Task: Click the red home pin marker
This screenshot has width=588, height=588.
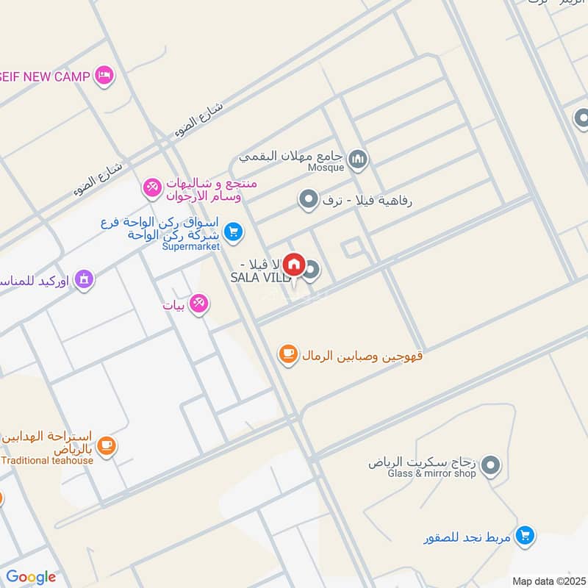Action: (x=294, y=264)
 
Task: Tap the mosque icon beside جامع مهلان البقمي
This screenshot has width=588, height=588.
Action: (x=358, y=158)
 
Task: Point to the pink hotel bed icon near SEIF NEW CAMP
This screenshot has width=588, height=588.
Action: (x=105, y=76)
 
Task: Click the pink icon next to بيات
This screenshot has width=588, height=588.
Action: (x=198, y=303)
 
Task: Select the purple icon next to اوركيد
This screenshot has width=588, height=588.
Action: (x=84, y=279)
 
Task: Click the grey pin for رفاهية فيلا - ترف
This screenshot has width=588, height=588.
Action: (x=308, y=198)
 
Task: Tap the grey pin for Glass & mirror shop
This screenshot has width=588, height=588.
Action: (x=491, y=465)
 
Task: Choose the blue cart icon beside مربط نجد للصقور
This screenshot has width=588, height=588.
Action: (x=525, y=536)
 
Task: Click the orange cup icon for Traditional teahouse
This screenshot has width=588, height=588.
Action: (x=107, y=445)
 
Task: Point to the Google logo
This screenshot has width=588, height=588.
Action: (x=31, y=577)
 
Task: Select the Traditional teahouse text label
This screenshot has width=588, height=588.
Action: (x=48, y=461)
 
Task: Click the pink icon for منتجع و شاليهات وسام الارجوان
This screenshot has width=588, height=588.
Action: (x=152, y=188)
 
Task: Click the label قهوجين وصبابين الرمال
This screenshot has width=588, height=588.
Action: (x=359, y=356)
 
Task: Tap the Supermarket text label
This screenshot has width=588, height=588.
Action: (x=191, y=246)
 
